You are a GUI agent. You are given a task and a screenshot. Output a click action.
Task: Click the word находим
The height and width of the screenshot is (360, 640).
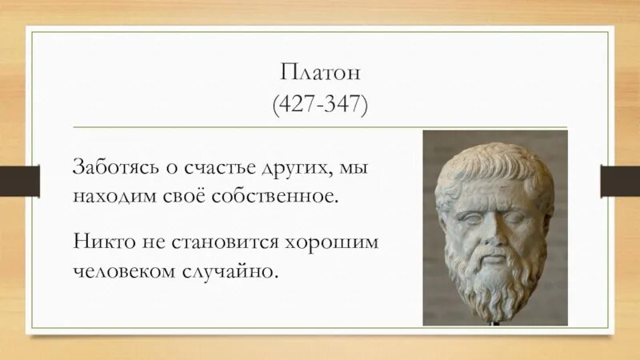pos(108,196)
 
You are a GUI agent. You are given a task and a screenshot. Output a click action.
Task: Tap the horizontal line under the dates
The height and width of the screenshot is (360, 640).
pos(320,126)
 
